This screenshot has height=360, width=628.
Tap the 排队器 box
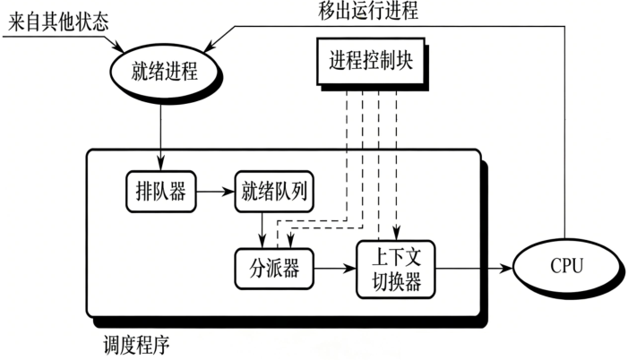point(160,191)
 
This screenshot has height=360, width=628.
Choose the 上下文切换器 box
point(395,268)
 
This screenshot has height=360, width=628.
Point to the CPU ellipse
point(565,267)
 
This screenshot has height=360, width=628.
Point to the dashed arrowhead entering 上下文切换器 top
point(395,236)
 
